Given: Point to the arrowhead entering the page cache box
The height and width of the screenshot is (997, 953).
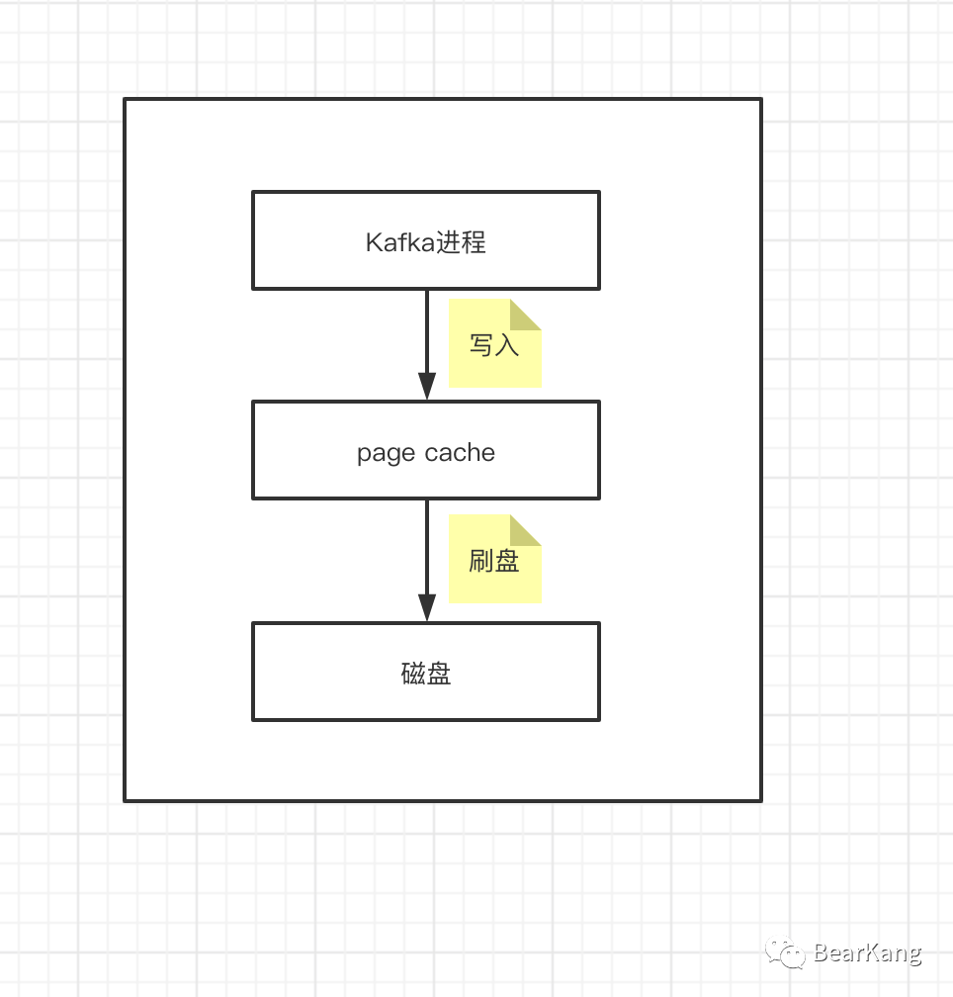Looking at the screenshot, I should point(427,387).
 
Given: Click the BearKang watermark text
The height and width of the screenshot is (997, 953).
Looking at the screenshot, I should point(867,953).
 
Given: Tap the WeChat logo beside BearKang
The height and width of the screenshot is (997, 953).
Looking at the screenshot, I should point(788,952).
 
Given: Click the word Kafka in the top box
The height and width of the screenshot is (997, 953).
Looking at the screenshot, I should point(400,242).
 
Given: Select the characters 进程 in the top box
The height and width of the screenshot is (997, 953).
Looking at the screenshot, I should point(462,242).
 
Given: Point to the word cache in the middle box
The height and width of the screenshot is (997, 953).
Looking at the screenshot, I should point(462,453).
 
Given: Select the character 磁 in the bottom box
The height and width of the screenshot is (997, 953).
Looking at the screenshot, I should point(413,674).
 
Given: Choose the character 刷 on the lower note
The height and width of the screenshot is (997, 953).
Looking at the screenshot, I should point(481,561).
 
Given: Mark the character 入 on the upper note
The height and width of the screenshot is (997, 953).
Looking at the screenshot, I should point(506,345).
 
